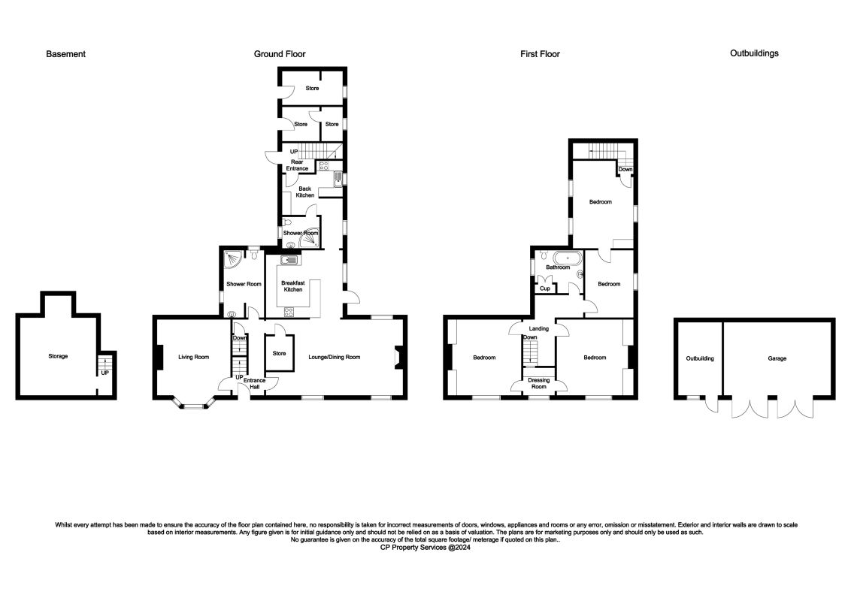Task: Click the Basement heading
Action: click(65, 54)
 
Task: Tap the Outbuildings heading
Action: click(754, 53)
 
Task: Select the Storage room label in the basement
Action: click(58, 356)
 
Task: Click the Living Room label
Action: click(193, 358)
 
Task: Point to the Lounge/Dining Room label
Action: click(335, 358)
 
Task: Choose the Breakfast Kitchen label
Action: click(292, 286)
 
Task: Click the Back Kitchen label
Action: click(304, 192)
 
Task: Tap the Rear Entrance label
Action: click(297, 165)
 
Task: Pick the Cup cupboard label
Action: click(544, 288)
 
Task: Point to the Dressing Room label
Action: click(539, 383)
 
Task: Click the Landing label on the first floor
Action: click(538, 329)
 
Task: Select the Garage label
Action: click(777, 358)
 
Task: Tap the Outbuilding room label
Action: click(700, 358)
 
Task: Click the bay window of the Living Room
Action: click(195, 406)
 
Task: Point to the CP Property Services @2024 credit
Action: click(425, 548)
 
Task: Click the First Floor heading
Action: click(540, 54)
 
